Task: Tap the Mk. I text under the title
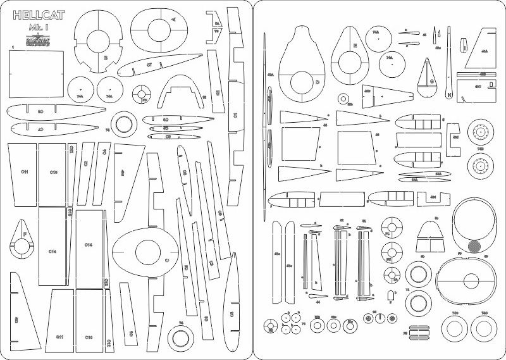(x=40, y=29)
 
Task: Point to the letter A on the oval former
(x=174, y=19)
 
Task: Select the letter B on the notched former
(x=106, y=58)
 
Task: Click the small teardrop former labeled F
(x=25, y=233)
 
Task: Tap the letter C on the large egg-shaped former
(x=167, y=261)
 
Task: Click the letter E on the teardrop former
(x=355, y=46)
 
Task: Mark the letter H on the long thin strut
(x=448, y=95)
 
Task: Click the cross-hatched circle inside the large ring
(x=476, y=244)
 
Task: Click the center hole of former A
(x=156, y=28)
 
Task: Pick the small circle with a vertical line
(x=379, y=318)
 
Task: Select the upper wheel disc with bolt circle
(x=481, y=133)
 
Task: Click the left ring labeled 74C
(x=454, y=328)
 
